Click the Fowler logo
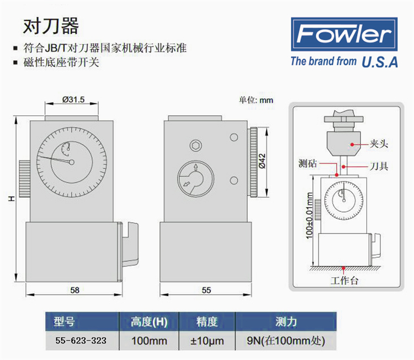pos(344,34)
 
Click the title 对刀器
pos(51,26)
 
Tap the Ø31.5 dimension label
pos(73,99)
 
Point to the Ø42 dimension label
pos(262,161)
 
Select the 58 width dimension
pos(75,290)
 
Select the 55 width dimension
pos(206,290)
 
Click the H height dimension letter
pos(12,198)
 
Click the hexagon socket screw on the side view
pos(195,146)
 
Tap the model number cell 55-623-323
pos(81,341)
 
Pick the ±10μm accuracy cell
pos(207,341)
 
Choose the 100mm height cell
pos(149,341)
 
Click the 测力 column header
pos(286,321)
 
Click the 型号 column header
pos(64,321)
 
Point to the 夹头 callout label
pos(379,144)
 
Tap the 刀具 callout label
pos(379,166)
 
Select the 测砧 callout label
pos(307,163)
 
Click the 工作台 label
pos(344,280)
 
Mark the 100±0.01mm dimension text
pos(309,215)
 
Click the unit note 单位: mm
pos(256,100)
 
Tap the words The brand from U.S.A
pos(344,62)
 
